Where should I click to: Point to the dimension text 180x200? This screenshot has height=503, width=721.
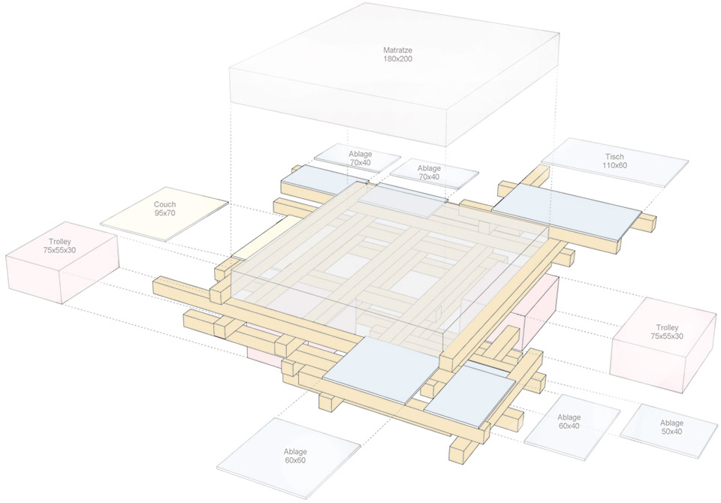(397, 59)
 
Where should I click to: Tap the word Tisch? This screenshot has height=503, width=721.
(614, 157)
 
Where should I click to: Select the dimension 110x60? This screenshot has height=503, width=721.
(614, 165)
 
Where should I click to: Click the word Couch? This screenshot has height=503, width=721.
(165, 204)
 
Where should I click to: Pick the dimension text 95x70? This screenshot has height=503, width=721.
(165, 213)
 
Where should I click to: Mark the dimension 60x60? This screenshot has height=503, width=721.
(295, 460)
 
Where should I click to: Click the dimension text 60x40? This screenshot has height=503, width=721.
(569, 426)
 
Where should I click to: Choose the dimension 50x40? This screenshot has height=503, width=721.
(671, 432)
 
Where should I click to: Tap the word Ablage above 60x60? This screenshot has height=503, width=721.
(295, 451)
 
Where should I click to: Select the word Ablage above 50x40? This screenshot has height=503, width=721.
(671, 423)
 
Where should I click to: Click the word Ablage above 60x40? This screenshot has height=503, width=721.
(569, 417)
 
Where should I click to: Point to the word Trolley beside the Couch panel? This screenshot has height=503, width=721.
(61, 242)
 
